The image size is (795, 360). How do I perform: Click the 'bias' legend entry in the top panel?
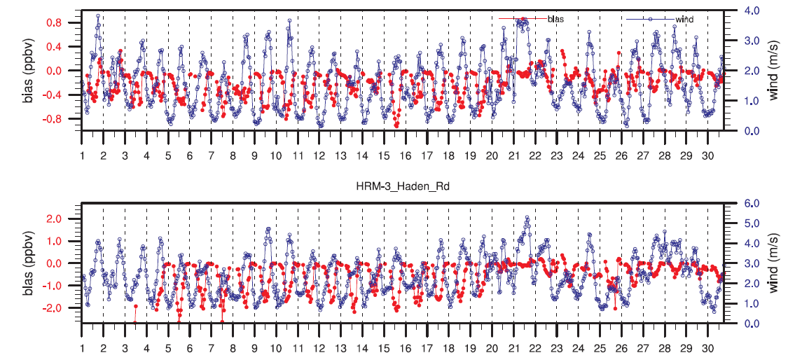coord(556,19)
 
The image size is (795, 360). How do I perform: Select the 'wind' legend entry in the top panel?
coord(684,19)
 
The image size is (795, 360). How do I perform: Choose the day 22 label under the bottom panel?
coord(534,347)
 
